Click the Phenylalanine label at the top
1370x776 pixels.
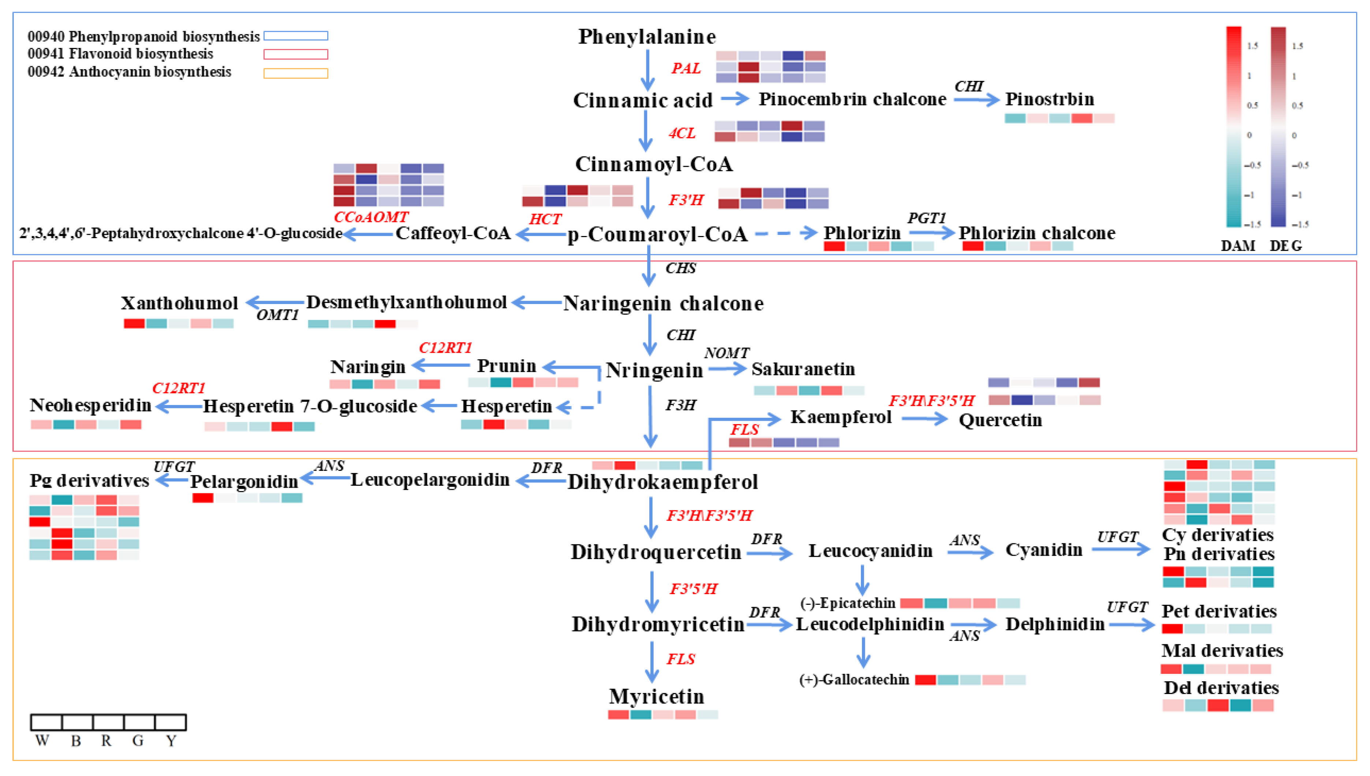(x=647, y=37)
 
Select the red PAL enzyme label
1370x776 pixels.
(x=686, y=68)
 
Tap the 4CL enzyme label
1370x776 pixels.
(x=682, y=133)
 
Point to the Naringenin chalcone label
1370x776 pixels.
(x=663, y=303)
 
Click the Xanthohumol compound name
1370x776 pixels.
(x=179, y=303)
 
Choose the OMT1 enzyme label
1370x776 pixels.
(x=277, y=315)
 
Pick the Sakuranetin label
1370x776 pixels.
(x=803, y=369)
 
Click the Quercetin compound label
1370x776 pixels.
(x=1000, y=420)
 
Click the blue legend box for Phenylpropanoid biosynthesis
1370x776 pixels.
(x=296, y=36)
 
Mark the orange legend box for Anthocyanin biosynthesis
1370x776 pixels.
(x=296, y=73)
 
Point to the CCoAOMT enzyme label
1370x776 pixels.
(x=371, y=217)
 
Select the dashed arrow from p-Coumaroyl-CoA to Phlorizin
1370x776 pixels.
(x=786, y=233)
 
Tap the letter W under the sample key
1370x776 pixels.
(x=42, y=741)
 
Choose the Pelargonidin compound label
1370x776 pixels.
(x=244, y=481)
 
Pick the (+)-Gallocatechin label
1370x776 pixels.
(x=854, y=679)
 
